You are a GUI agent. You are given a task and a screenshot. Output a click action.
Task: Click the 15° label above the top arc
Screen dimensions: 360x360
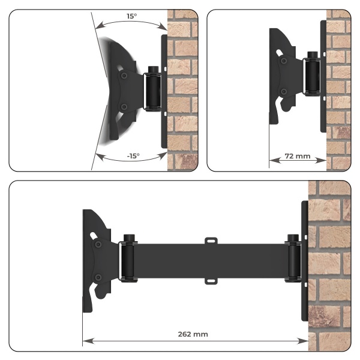(131, 16)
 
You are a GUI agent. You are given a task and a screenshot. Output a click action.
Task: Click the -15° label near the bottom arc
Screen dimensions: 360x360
(133, 156)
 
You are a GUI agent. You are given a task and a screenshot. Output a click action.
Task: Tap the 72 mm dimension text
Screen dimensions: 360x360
(298, 156)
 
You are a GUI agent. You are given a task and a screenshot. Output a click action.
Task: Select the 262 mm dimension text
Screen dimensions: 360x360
(193, 334)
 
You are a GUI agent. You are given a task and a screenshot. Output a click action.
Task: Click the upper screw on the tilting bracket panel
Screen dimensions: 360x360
(124, 76)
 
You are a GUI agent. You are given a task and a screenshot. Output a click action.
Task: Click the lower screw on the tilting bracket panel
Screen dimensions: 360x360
(124, 107)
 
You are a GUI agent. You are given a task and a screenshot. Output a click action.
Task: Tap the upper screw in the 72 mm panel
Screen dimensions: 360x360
(284, 61)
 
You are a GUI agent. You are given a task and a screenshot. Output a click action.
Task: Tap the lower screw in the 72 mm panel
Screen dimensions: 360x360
(284, 92)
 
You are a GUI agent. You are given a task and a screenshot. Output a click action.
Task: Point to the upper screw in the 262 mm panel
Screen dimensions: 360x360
(98, 244)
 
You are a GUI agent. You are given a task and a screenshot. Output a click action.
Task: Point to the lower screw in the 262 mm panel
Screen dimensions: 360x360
(98, 277)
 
